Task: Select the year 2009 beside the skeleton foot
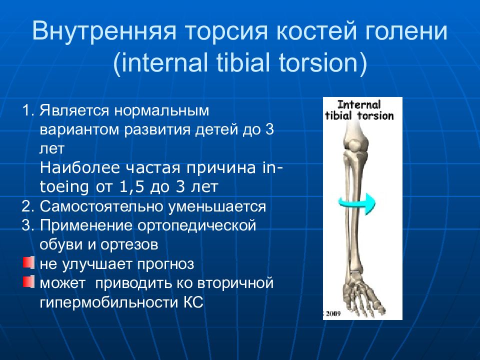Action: (333, 313)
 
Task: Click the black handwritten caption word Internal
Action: (359, 104)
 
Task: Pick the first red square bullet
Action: (28, 262)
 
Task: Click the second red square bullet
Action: (28, 281)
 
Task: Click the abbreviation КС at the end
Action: (193, 302)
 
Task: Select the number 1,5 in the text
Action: (131, 186)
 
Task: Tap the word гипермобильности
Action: (109, 302)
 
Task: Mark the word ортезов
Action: (129, 245)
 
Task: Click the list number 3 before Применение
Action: (26, 225)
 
